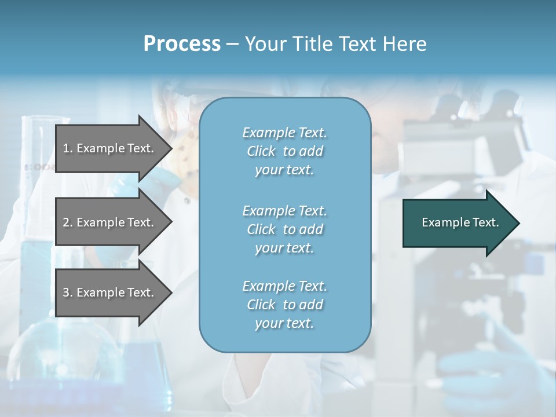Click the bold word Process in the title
click(x=182, y=44)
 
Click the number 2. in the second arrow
click(x=68, y=222)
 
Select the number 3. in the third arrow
click(x=68, y=292)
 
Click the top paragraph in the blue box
click(x=284, y=151)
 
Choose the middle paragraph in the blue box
click(x=284, y=229)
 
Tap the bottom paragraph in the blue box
click(x=284, y=305)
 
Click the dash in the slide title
click(x=233, y=44)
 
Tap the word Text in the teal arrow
click(x=485, y=222)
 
